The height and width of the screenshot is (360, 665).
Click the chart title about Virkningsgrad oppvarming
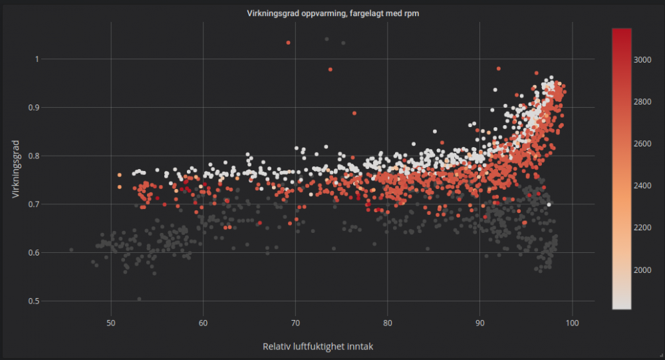click(332, 13)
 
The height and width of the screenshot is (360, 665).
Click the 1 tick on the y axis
click(37, 59)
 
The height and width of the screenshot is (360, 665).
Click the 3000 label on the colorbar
click(642, 60)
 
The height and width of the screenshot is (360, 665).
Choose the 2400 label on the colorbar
click(642, 186)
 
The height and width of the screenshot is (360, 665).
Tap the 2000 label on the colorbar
click(642, 270)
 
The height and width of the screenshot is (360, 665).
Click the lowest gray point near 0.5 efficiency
click(139, 299)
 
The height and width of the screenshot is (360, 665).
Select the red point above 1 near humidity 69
click(288, 43)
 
